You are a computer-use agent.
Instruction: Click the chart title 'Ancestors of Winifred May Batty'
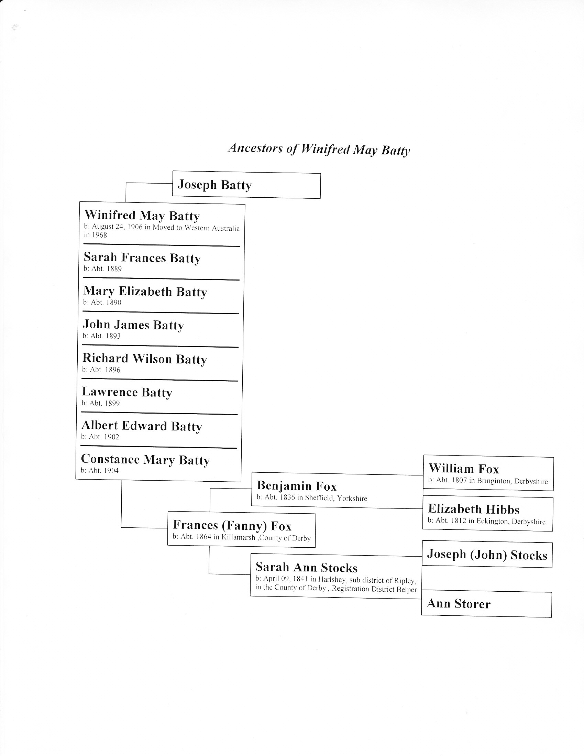[319, 149]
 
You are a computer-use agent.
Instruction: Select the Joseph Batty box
[246, 186]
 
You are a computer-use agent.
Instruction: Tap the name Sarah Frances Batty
[142, 258]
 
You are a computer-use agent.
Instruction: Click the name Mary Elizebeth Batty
[145, 292]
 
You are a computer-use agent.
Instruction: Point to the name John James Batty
[133, 325]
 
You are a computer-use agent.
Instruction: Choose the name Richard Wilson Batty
[144, 359]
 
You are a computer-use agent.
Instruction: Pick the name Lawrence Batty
[127, 392]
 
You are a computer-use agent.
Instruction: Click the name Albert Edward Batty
[141, 426]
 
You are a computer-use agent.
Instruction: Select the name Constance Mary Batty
[145, 459]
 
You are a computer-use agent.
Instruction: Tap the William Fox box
[488, 473]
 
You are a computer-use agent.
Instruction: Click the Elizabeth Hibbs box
[487, 514]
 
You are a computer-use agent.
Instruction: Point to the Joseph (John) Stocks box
[487, 555]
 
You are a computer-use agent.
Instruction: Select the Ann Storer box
[486, 604]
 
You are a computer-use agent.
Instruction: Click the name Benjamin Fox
[296, 486]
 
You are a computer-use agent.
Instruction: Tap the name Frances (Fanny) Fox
[232, 525]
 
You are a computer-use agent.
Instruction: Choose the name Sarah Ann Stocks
[306, 567]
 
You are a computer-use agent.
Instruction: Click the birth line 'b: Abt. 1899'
[100, 403]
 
